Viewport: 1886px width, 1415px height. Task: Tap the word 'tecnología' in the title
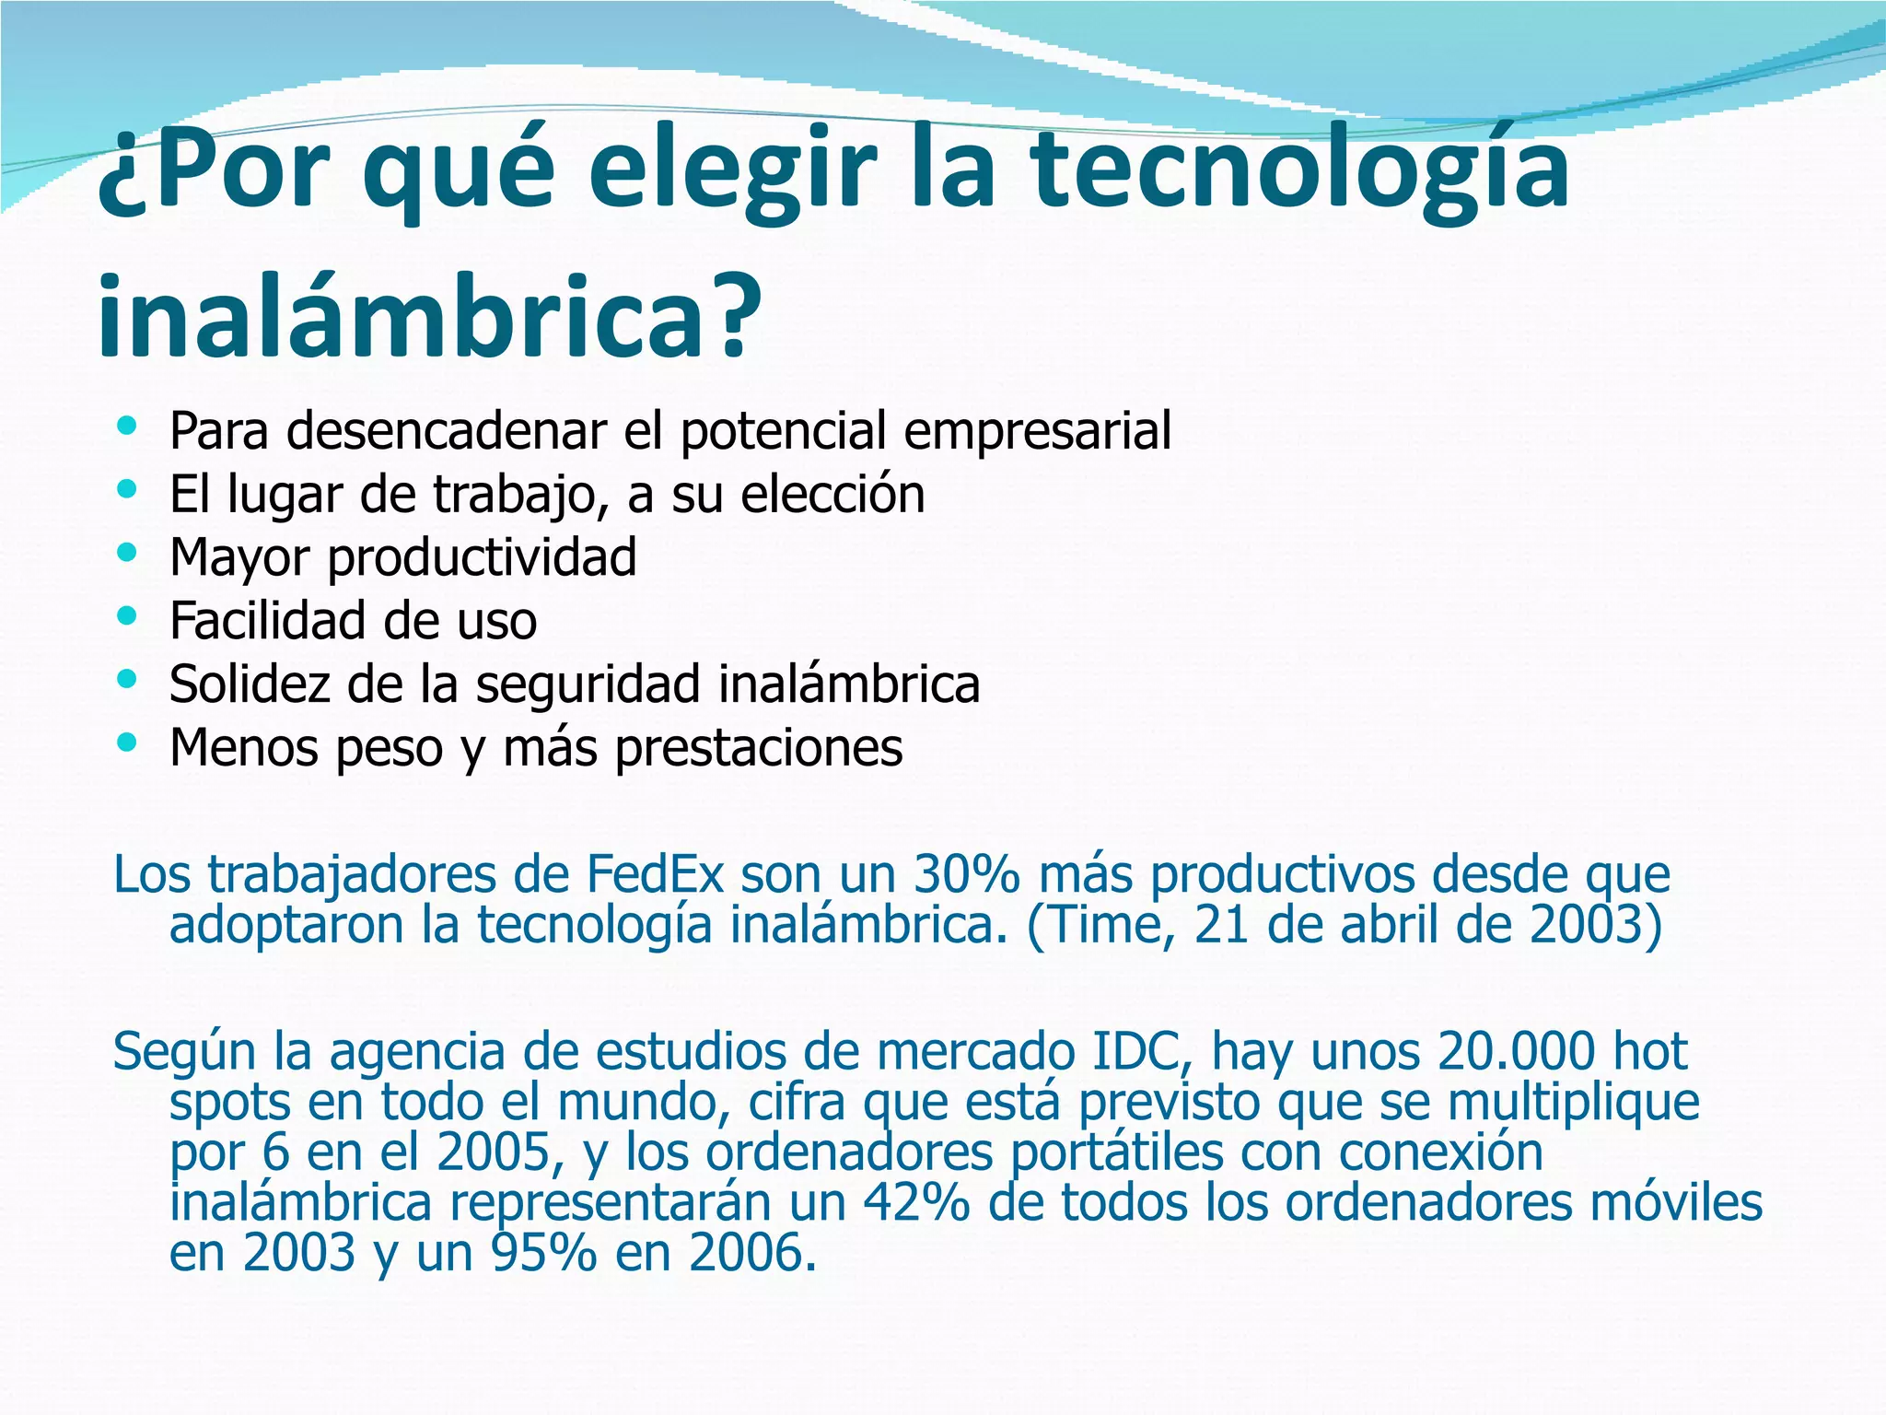[1298, 170]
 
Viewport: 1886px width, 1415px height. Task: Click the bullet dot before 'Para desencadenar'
[127, 426]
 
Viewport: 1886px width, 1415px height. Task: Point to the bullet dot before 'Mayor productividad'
[127, 553]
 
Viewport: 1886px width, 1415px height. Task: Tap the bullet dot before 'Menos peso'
[127, 742]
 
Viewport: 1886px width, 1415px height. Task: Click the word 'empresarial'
[1037, 430]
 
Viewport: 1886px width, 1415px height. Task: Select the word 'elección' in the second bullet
[832, 494]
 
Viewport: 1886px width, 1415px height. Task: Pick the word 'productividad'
[482, 557]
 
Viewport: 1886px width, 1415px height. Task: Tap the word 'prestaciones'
[758, 747]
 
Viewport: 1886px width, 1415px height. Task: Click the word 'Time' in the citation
[1108, 924]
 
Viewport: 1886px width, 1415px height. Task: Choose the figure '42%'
[915, 1202]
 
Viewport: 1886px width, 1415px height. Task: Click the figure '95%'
[544, 1253]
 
